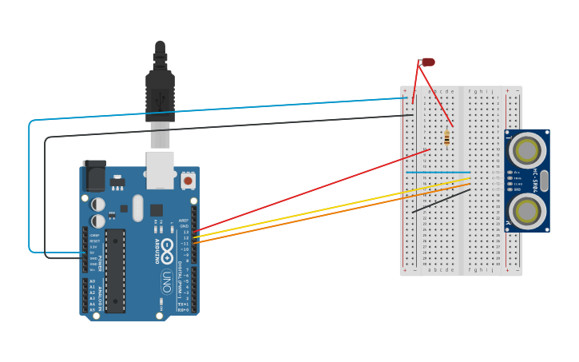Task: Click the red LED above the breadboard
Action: point(428,62)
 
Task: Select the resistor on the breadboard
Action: point(446,137)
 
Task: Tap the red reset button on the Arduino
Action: point(188,181)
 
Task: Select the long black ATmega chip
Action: point(115,270)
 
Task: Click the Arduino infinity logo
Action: point(167,254)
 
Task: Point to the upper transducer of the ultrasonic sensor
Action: point(526,149)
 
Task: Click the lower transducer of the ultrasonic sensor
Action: point(526,212)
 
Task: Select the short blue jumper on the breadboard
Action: point(438,172)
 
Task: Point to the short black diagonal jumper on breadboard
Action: point(441,201)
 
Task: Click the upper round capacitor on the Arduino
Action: point(97,205)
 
